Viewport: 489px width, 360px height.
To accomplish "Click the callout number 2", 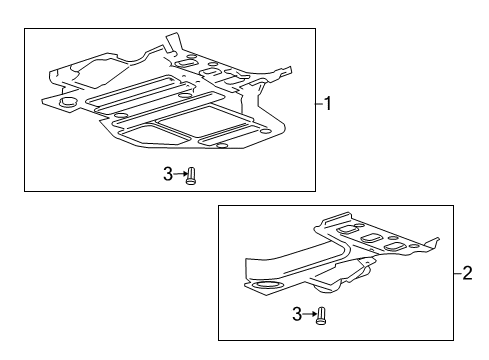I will pos(468,272).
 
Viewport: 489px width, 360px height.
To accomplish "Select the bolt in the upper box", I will pos(193,176).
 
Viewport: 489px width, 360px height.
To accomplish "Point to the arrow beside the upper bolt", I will pos(181,175).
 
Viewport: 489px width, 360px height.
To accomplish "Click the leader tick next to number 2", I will pos(458,272).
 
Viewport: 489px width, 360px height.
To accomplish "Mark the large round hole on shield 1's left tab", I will pos(68,101).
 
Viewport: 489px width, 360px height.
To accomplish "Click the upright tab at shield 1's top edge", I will pos(171,42).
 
